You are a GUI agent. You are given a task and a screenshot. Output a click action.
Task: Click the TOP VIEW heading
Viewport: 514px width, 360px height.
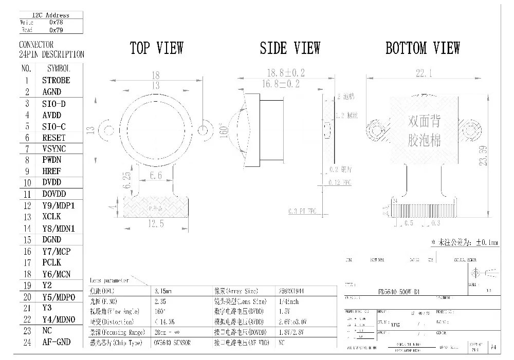point(156,49)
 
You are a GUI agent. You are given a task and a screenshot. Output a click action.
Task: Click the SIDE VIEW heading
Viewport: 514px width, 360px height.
point(290,49)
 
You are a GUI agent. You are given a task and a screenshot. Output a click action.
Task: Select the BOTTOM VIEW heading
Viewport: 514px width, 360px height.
point(423,49)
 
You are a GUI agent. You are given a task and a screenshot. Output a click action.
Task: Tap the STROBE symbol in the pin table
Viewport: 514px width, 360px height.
point(56,80)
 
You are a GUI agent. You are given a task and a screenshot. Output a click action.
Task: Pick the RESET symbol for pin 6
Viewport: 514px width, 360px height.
point(54,138)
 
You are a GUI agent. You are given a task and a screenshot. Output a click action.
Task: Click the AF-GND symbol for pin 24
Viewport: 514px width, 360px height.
point(56,342)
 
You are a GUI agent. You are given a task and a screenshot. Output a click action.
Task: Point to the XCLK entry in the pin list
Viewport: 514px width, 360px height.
point(51,217)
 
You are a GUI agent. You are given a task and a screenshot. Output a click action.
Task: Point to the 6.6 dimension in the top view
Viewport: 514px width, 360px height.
point(155,176)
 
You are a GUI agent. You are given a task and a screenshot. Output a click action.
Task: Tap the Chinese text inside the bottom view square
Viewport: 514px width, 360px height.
point(424,131)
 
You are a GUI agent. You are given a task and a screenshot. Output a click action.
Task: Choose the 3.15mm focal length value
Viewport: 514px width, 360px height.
point(163,291)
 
